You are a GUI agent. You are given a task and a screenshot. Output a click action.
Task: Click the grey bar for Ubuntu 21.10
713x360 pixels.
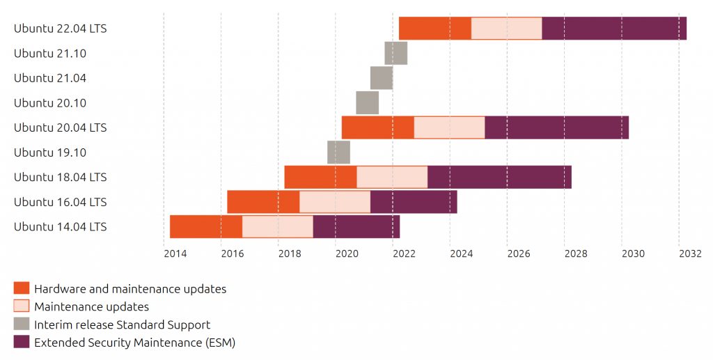pos(396,53)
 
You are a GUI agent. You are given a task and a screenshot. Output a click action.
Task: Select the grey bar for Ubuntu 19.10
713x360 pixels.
pos(339,152)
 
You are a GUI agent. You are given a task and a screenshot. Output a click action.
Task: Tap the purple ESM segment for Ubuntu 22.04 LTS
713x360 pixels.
pos(614,28)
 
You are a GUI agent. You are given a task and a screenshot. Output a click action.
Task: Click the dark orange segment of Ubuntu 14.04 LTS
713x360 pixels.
pos(206,226)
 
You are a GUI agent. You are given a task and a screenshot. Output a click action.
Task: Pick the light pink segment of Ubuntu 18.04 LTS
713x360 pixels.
pos(392,177)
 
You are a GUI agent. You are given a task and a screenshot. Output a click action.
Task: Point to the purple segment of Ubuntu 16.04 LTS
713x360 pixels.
pos(414,202)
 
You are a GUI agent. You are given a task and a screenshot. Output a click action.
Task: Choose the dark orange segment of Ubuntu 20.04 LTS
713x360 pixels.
pos(378,127)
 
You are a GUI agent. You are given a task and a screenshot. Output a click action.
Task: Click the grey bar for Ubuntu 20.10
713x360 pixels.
pos(368,103)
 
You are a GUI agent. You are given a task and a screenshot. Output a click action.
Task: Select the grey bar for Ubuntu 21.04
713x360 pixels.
pos(382,78)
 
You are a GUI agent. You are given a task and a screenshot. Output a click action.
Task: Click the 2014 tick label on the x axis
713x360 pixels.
pos(175,253)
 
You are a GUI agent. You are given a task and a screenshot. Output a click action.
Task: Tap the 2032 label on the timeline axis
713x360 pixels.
pos(690,253)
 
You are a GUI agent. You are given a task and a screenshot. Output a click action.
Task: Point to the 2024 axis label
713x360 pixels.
pos(461,253)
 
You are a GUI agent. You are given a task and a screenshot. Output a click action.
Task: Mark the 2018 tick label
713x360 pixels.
pos(290,253)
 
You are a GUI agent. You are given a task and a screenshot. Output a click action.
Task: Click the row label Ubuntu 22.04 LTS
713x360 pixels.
pos(61,28)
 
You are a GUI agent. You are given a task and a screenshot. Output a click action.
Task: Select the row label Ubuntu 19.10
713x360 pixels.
pos(50,152)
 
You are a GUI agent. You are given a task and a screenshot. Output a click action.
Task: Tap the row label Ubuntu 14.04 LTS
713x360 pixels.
pos(61,226)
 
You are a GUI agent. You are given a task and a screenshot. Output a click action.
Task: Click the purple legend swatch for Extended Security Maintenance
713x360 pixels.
pos(22,342)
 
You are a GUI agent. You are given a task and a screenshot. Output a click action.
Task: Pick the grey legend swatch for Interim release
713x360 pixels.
pos(22,324)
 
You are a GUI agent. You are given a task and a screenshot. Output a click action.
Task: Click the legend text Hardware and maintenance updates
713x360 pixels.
pos(130,289)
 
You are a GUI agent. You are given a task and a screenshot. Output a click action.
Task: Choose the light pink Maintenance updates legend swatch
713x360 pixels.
pos(22,306)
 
